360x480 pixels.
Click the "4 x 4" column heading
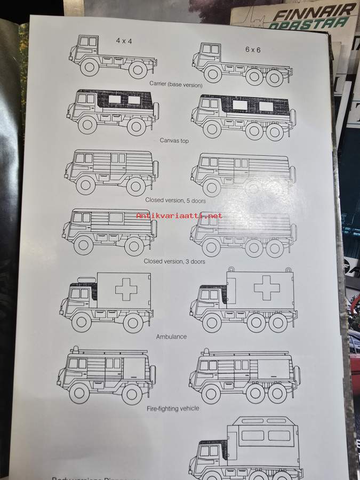[124, 41]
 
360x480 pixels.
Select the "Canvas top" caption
[174, 141]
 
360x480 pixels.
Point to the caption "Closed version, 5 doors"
[175, 200]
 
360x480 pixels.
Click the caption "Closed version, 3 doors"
[174, 262]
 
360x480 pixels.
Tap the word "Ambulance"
[171, 337]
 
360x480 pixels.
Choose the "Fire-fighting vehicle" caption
[173, 409]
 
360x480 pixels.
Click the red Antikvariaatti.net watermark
[179, 216]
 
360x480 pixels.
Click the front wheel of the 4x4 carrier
[89, 68]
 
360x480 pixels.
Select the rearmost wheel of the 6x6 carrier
[274, 78]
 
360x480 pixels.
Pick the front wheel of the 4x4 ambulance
[82, 322]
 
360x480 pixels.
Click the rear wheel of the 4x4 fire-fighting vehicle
[132, 393]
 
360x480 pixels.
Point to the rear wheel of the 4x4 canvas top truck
[137, 126]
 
